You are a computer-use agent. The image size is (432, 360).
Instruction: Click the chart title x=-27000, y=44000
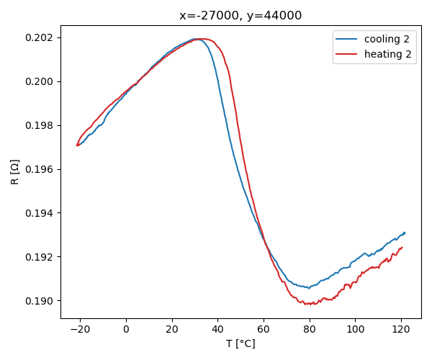coord(240,16)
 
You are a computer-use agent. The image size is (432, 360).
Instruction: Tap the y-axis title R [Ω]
coord(15,171)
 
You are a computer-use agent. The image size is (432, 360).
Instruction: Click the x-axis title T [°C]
coord(240,343)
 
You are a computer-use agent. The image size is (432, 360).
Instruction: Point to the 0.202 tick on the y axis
coord(40,37)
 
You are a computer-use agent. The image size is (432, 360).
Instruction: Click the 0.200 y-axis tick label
coord(40,81)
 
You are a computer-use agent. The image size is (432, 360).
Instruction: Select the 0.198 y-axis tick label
coord(40,125)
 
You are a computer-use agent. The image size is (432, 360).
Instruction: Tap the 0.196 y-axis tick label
coord(40,169)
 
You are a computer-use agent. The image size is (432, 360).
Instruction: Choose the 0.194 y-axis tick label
coord(40,213)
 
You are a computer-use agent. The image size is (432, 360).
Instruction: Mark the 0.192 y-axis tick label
coord(40,257)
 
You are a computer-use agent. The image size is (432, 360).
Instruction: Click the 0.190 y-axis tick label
coord(40,301)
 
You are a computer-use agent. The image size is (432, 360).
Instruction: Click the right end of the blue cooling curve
coord(405,233)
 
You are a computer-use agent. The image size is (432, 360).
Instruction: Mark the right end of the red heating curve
coord(402,247)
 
